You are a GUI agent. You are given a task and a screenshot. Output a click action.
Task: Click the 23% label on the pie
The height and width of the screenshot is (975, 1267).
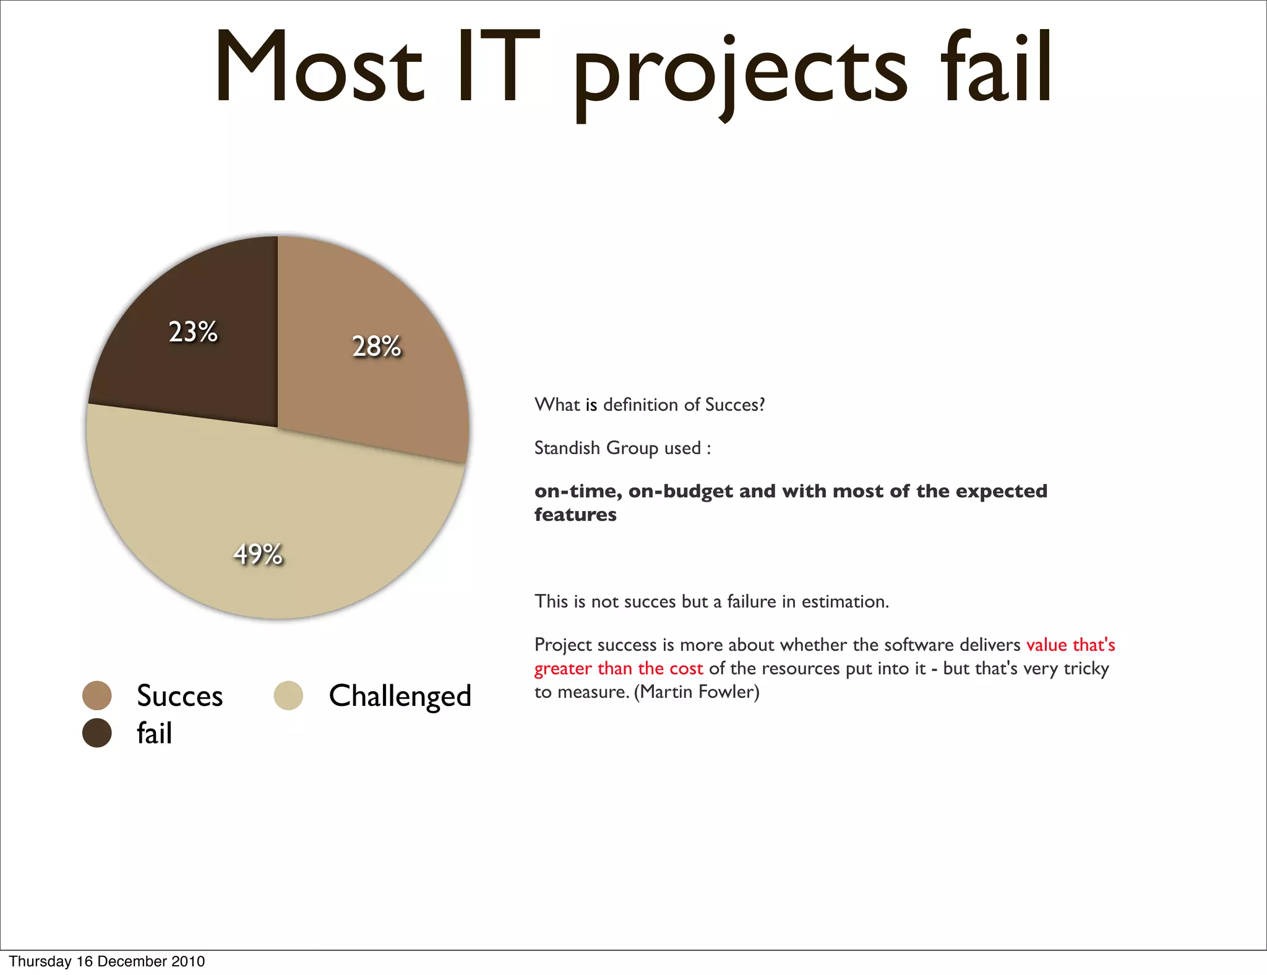pyautogui.click(x=193, y=332)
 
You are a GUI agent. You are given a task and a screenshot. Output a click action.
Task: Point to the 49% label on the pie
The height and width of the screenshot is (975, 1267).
pyautogui.click(x=257, y=554)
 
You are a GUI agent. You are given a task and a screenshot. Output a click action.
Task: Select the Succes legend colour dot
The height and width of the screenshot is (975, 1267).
pyautogui.click(x=97, y=695)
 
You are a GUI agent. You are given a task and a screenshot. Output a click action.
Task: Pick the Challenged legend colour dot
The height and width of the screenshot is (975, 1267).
pyautogui.click(x=288, y=695)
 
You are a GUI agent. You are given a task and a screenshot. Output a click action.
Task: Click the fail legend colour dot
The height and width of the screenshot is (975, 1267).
pyautogui.click(x=97, y=733)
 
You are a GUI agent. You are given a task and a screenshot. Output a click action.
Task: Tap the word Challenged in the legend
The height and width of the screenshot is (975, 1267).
pyautogui.click(x=400, y=696)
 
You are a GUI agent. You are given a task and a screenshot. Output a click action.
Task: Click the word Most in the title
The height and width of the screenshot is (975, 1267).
pyautogui.click(x=319, y=68)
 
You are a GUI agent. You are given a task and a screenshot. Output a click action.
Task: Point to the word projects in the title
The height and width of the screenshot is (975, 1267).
pyautogui.click(x=739, y=71)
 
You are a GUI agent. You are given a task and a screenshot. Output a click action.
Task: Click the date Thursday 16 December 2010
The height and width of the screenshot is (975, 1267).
pyautogui.click(x=106, y=961)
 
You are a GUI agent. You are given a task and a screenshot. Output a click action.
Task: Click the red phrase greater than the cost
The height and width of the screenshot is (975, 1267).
pyautogui.click(x=619, y=669)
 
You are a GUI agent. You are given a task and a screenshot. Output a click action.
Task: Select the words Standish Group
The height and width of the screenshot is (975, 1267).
pyautogui.click(x=596, y=447)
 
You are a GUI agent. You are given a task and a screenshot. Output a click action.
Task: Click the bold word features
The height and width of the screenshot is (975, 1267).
pyautogui.click(x=575, y=515)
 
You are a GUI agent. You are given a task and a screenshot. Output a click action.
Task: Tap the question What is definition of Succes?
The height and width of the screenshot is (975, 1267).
pyautogui.click(x=650, y=405)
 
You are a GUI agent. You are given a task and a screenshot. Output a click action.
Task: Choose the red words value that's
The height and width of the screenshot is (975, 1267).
pyautogui.click(x=1070, y=645)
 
